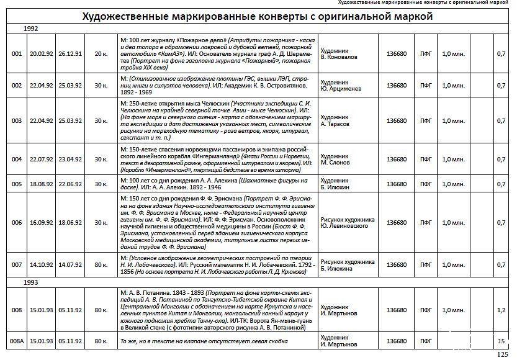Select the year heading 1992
pyautogui.click(x=32, y=29)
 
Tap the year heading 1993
pyautogui.click(x=32, y=282)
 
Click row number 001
pyautogui.click(x=17, y=54)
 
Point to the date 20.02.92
pyautogui.click(x=42, y=54)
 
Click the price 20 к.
pyautogui.click(x=101, y=54)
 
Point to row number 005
pyautogui.click(x=17, y=184)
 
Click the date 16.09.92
pyautogui.click(x=42, y=223)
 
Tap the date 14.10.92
pyautogui.click(x=42, y=264)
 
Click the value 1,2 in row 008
pyautogui.click(x=501, y=310)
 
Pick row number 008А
pyautogui.click(x=17, y=341)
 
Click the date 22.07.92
pyautogui.click(x=42, y=159)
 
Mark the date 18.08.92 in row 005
pyautogui.click(x=42, y=184)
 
